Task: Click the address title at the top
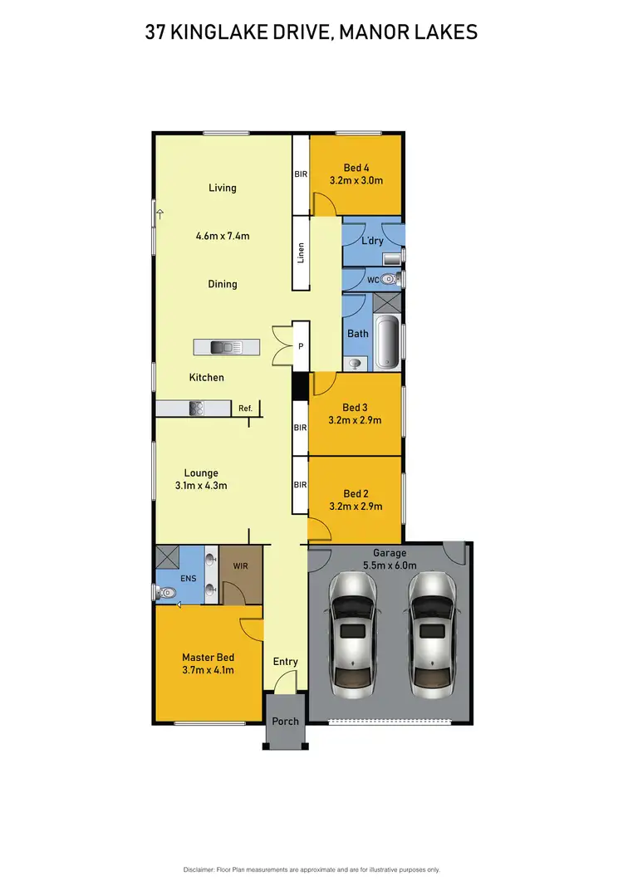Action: coord(311,32)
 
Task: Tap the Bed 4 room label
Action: coord(356,168)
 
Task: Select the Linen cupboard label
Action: coord(301,253)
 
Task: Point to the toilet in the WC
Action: coord(390,280)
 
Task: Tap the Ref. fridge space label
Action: coord(245,409)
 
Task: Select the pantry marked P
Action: coord(300,345)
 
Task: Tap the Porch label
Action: coord(285,721)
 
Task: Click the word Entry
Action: coord(285,662)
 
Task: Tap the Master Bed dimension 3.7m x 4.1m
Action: coord(208,670)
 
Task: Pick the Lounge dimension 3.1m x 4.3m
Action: coord(201,486)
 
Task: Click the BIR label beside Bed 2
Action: coord(300,484)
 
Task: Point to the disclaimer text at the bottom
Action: coord(311,869)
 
